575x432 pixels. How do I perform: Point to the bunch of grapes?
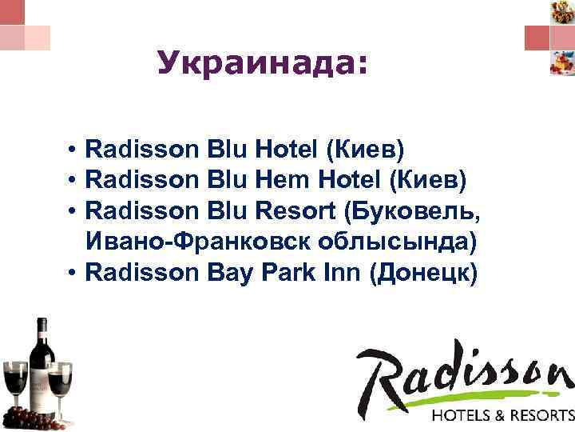pyautogui.click(x=32, y=417)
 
